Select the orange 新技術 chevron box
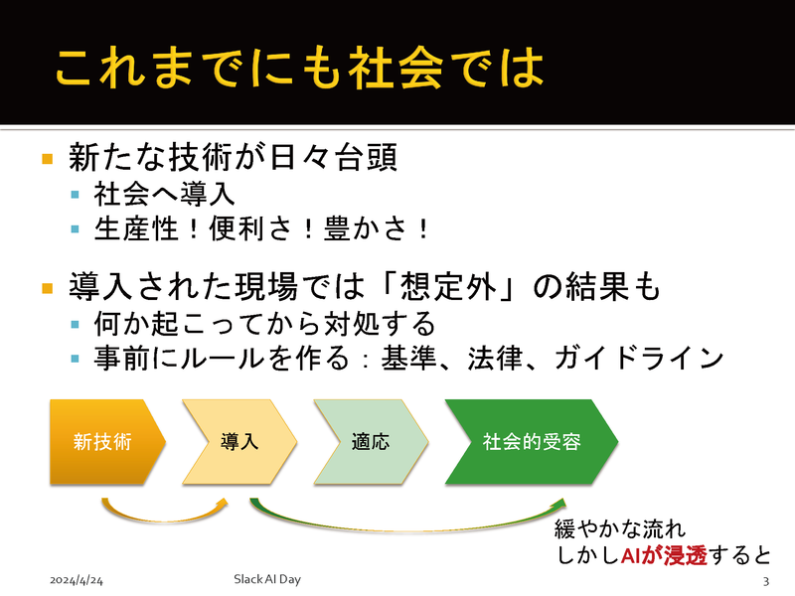[x=103, y=441]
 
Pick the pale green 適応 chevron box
[x=370, y=441]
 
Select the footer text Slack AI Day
[x=266, y=578]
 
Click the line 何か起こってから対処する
[x=263, y=324]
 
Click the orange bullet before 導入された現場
[x=47, y=289]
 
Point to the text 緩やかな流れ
[x=618, y=527]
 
